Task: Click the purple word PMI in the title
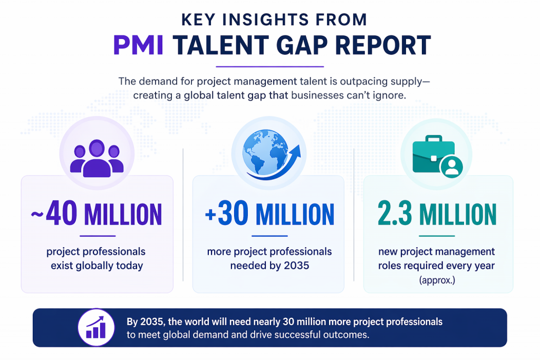[x=139, y=45]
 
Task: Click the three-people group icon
[x=97, y=157]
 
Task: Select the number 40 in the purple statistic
[x=62, y=213]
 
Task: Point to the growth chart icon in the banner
[x=96, y=327]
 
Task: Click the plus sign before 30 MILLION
[x=210, y=215]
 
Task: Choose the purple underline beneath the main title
[x=270, y=67]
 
